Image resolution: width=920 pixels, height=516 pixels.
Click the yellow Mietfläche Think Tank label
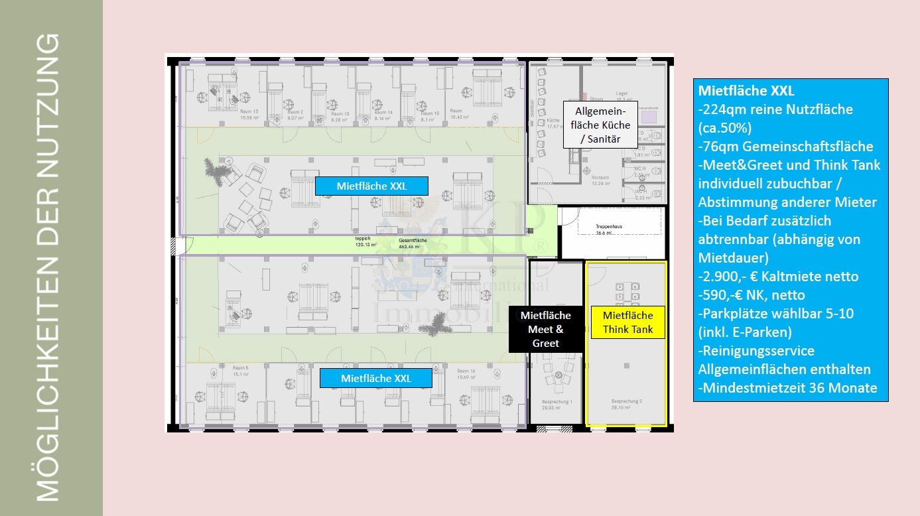(x=627, y=322)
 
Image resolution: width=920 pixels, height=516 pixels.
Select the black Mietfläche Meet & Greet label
(x=545, y=329)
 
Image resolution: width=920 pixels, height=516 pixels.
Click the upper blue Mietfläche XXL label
(x=371, y=186)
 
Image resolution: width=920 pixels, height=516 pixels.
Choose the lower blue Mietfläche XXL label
(x=375, y=378)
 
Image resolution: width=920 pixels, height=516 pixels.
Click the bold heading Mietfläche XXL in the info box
(x=746, y=91)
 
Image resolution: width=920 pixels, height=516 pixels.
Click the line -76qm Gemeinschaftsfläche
(x=785, y=147)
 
